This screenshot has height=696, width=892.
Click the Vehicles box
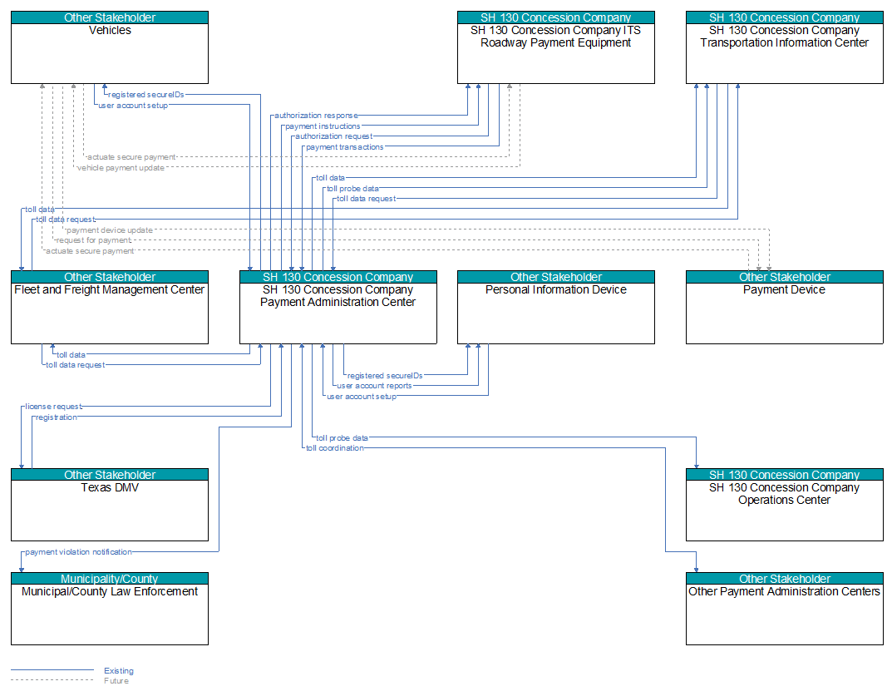click(x=110, y=47)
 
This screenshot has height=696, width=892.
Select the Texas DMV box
click(x=110, y=505)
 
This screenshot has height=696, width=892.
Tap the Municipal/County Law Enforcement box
click(x=110, y=609)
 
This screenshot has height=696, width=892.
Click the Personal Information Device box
click(x=556, y=308)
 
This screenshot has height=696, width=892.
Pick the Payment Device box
click(x=785, y=308)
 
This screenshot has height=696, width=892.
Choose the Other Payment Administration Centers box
click(x=785, y=609)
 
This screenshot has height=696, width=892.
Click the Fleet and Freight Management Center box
click(x=110, y=308)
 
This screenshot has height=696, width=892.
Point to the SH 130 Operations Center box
click(x=785, y=505)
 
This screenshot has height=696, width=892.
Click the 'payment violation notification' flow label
click(x=78, y=552)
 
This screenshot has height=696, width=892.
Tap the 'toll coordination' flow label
click(x=334, y=448)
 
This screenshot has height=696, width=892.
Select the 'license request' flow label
click(x=53, y=407)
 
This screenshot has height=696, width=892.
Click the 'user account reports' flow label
click(x=374, y=386)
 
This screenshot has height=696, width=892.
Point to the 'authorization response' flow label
click(x=316, y=116)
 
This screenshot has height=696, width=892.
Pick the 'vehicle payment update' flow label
click(x=121, y=168)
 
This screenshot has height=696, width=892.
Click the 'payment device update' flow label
click(x=109, y=230)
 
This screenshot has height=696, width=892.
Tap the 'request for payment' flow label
click(x=93, y=240)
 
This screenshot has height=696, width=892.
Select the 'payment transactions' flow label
click(x=345, y=147)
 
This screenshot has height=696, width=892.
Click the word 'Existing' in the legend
click(x=119, y=671)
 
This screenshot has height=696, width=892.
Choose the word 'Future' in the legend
click(x=116, y=681)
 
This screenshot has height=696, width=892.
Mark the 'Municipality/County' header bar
click(x=110, y=579)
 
